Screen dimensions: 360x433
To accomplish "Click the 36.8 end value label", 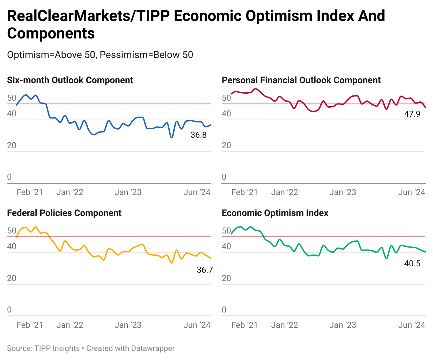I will point(198,135).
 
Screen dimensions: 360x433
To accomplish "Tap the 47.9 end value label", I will point(412,114).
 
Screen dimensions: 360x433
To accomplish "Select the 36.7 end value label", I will point(205,269).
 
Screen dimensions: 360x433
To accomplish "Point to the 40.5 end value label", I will point(412,264).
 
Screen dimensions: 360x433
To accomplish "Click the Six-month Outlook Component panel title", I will point(70,80).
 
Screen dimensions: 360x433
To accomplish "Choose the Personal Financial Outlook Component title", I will point(301,80).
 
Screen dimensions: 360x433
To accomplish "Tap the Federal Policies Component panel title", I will point(64,213).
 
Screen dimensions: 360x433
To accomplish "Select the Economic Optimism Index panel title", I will point(275,213).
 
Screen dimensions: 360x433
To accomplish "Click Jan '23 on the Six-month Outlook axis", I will point(128,192).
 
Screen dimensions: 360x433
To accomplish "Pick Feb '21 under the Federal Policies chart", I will point(30,325).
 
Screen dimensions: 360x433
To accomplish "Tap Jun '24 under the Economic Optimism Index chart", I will point(412,325).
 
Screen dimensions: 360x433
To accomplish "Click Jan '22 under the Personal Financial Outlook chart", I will point(285,192).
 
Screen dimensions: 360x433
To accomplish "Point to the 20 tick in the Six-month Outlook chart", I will point(12,145).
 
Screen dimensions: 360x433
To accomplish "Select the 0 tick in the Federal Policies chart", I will point(9,310).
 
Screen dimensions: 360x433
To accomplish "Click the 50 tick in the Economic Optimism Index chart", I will point(226,231).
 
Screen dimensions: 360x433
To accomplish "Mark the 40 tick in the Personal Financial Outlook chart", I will point(226,114).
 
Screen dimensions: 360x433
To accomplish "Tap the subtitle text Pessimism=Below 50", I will point(146,55).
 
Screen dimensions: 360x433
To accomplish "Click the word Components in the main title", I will point(51,34).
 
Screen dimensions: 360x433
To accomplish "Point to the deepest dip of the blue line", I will point(171,137).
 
